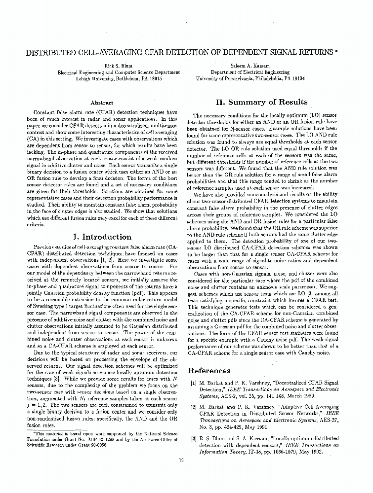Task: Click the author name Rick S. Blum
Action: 119,66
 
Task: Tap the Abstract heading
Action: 102,103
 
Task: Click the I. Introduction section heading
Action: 103,236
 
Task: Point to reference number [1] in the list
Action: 194,383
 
